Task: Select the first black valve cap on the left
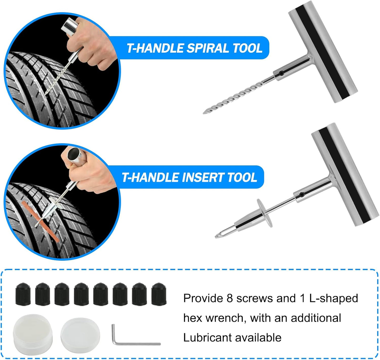[23, 294]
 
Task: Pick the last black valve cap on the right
[159, 294]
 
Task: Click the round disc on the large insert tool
[264, 213]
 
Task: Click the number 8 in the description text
[230, 298]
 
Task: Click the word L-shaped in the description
[334, 298]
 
